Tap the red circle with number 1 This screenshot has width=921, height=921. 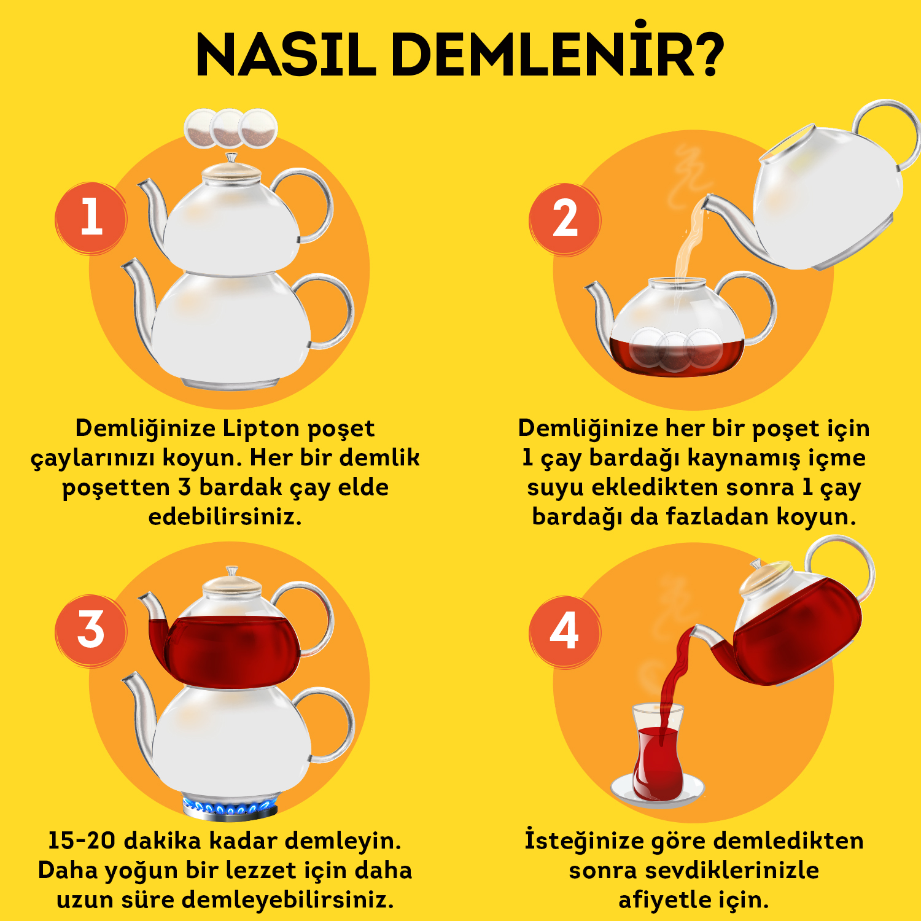click(91, 218)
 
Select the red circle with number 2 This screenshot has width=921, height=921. click(565, 219)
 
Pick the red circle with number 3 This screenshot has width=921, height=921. click(91, 631)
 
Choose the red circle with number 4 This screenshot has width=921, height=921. click(565, 632)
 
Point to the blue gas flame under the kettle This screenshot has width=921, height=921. click(230, 806)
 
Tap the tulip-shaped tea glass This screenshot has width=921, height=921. click(658, 752)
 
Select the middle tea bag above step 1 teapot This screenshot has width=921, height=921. click(229, 128)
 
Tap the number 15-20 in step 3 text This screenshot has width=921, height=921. click(81, 841)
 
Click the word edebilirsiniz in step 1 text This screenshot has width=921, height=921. click(225, 517)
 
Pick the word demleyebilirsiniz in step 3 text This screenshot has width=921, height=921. click(287, 900)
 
